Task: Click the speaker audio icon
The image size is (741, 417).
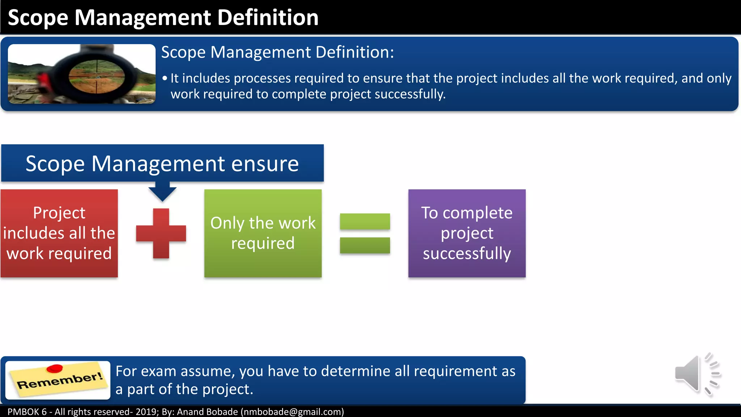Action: coord(696,375)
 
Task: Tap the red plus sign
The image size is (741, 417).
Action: coord(161,233)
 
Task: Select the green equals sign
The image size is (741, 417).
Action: coord(365,233)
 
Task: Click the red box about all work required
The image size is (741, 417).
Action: coord(59,233)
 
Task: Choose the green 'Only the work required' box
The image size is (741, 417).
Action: coord(263,233)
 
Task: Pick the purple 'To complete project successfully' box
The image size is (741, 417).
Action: coord(467,233)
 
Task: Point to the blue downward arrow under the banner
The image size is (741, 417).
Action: coord(162,192)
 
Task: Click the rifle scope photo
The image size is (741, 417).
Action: coord(82,74)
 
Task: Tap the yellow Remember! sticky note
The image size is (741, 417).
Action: coord(58,380)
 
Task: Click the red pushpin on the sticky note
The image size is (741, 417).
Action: coord(55,368)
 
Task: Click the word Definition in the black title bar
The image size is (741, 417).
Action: coord(268,17)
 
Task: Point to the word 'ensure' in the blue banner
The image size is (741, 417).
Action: coord(265,164)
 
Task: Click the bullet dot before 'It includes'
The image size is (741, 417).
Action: coord(165,78)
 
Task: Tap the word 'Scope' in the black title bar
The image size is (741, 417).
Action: coord(38,17)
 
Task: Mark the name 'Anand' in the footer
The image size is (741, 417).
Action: coord(190,412)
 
